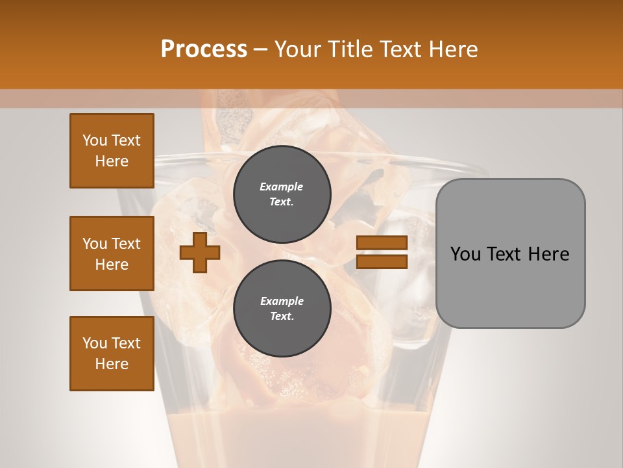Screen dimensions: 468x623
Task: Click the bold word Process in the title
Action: [204, 49]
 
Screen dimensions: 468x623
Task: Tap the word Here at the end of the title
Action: [452, 49]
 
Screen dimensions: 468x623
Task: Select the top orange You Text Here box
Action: [112, 151]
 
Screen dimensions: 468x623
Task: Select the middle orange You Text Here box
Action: [112, 253]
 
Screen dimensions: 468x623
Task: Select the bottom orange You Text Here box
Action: [112, 354]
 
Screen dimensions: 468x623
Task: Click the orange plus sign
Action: [199, 253]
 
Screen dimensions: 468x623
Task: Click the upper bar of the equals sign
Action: [382, 242]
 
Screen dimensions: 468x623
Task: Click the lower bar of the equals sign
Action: [382, 262]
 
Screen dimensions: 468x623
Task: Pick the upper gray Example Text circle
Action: [282, 194]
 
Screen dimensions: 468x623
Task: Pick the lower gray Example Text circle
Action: [282, 309]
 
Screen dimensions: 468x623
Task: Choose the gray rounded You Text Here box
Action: [510, 253]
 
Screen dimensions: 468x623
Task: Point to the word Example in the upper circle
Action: [282, 187]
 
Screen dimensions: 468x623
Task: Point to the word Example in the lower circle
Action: [282, 301]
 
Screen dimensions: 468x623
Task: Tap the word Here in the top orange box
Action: [112, 161]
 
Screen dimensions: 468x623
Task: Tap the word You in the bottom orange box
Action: [95, 343]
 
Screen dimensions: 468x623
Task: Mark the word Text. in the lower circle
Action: [282, 317]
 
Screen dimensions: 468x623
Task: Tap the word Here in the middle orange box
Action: [112, 265]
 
